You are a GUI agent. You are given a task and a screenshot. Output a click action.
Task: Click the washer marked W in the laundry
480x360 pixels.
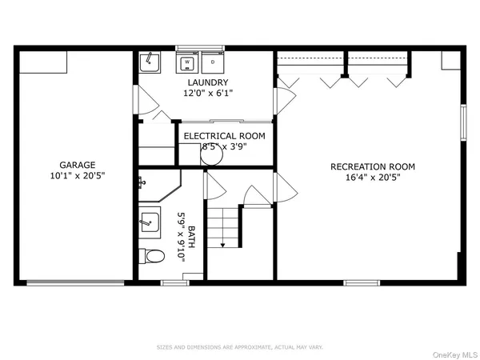(x=188, y=62)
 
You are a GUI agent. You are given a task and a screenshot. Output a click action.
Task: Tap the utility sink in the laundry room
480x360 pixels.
(x=150, y=62)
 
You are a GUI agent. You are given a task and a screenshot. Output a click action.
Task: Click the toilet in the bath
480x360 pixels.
(x=151, y=256)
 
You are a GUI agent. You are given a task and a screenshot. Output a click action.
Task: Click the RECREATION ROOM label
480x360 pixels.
(x=373, y=166)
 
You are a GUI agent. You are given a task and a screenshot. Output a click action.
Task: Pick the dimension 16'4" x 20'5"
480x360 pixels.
(x=373, y=179)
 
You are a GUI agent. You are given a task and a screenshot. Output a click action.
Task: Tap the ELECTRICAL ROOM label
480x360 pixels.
(x=225, y=136)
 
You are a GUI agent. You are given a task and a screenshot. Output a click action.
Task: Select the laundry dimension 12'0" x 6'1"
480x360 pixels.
(x=208, y=94)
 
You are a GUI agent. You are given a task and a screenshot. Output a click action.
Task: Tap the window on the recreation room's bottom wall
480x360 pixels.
(x=362, y=282)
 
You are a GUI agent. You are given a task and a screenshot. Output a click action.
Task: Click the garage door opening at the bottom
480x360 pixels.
(x=75, y=282)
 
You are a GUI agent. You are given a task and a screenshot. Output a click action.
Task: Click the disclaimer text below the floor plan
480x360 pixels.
(x=240, y=346)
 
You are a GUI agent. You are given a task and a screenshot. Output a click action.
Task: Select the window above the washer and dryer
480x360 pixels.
(x=200, y=47)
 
